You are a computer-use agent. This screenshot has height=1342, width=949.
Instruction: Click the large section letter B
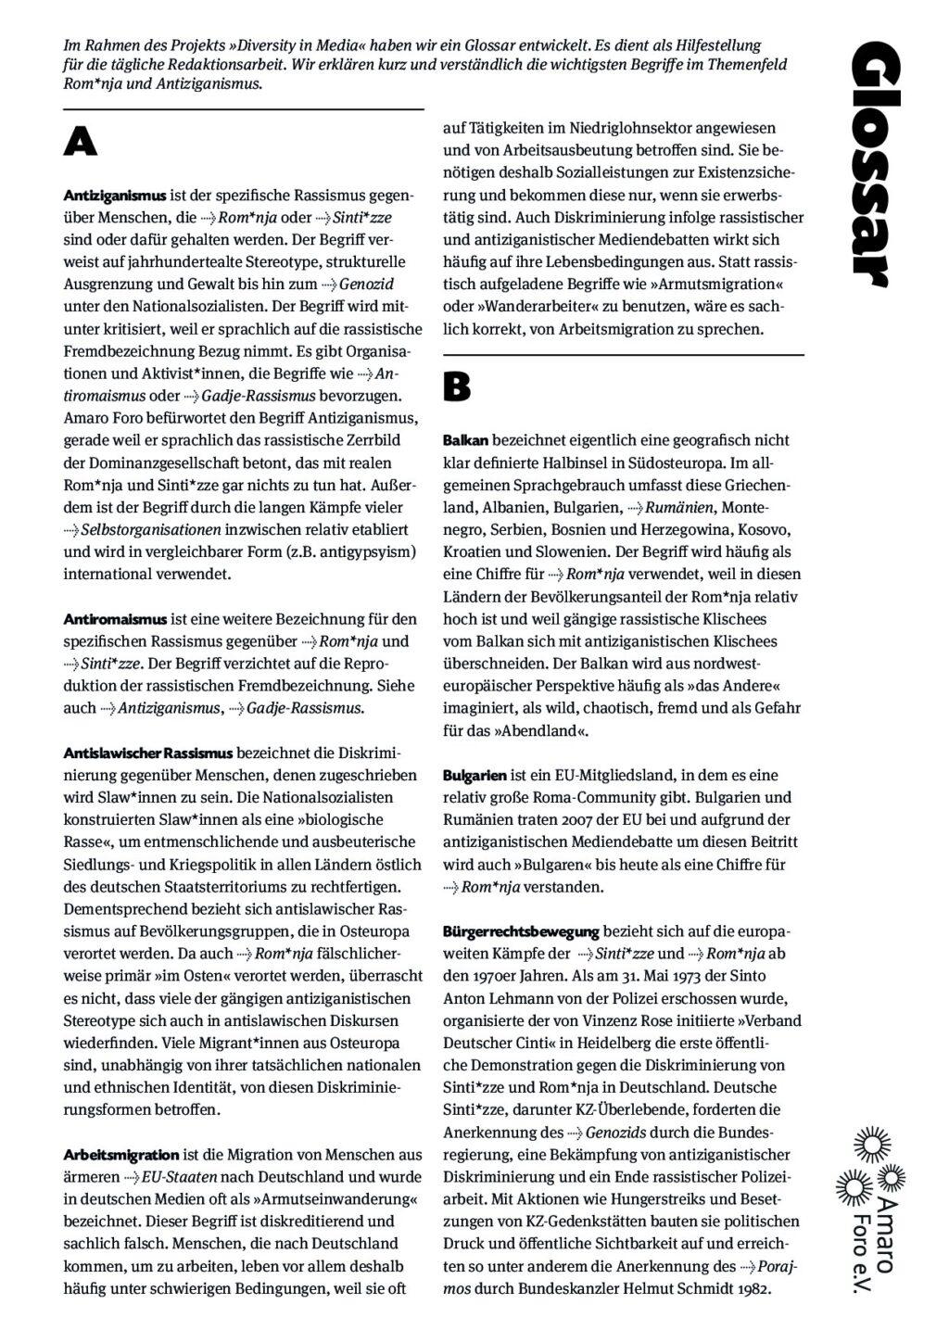(x=457, y=386)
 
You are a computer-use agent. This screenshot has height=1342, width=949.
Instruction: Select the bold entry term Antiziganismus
(x=115, y=196)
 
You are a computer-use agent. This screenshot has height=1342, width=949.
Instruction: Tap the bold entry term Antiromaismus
(x=115, y=618)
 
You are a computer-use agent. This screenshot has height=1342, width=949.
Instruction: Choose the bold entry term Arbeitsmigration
(x=121, y=1154)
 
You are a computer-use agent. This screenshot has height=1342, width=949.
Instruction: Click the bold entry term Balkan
(x=465, y=439)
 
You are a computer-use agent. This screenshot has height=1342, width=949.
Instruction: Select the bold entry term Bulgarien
(x=474, y=775)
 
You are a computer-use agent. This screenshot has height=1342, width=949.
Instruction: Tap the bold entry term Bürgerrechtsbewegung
(x=521, y=931)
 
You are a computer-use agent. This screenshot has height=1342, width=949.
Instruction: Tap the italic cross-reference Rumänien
(x=679, y=507)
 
